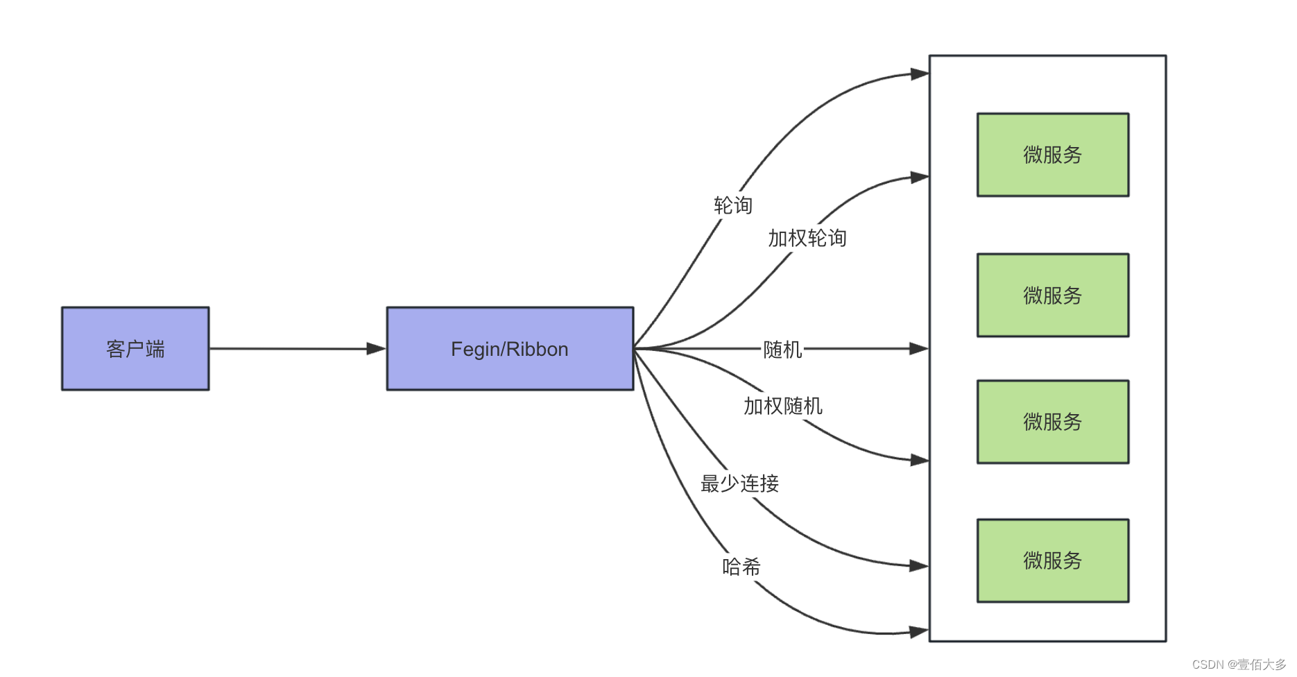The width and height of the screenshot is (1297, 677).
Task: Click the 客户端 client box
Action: point(135,348)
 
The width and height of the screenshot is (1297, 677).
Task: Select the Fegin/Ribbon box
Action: point(510,348)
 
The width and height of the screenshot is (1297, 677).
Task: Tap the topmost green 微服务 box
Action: point(1052,155)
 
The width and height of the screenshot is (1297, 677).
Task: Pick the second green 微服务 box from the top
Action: point(1052,295)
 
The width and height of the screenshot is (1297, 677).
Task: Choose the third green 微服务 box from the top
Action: point(1052,421)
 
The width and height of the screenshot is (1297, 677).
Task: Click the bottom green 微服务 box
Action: point(1052,560)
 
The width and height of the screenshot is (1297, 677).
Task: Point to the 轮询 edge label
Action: point(733,205)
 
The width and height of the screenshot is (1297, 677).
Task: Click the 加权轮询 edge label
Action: point(807,238)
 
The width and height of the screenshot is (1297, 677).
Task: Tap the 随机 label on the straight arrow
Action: point(782,349)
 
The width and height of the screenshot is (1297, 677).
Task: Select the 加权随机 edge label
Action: point(783,406)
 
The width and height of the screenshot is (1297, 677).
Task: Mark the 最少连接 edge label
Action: point(739,483)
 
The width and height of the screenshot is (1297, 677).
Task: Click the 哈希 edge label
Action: point(741,567)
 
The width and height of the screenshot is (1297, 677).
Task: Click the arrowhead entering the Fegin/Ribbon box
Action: point(377,348)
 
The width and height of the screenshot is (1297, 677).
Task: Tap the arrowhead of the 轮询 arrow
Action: point(920,74)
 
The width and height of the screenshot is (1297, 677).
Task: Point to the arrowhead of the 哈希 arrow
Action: point(920,632)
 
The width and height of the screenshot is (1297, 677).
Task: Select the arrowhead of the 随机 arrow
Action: point(920,348)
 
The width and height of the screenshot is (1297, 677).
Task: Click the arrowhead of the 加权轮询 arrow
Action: point(920,178)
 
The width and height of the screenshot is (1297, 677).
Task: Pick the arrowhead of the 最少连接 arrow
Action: point(920,566)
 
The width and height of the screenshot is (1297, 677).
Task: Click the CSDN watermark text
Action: point(1239,665)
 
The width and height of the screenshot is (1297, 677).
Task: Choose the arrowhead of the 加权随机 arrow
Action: point(920,460)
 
